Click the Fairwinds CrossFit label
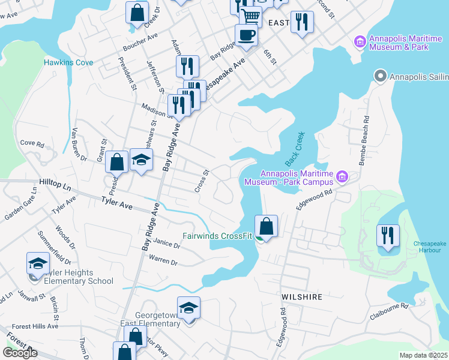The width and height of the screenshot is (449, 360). (217, 236)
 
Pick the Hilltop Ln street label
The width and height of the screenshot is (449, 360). (55, 181)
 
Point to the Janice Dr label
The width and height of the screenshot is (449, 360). (166, 244)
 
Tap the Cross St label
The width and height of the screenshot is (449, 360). (202, 181)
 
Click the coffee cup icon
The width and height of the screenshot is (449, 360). (246, 35)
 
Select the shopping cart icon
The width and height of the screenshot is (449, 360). (250, 17)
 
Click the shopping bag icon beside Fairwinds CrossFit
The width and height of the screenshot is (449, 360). (266, 226)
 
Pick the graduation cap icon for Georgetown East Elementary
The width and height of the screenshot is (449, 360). (188, 308)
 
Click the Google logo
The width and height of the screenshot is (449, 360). (20, 353)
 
